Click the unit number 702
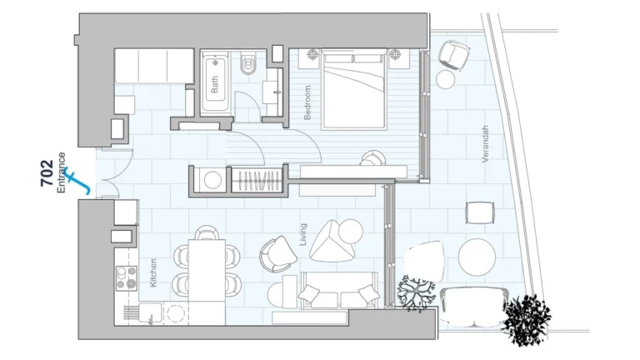47,174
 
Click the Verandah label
485,143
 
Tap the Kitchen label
153,272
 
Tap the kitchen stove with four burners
127,277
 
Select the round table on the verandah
478,257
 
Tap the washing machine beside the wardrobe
212,180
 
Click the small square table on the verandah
478,212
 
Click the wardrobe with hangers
256,179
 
